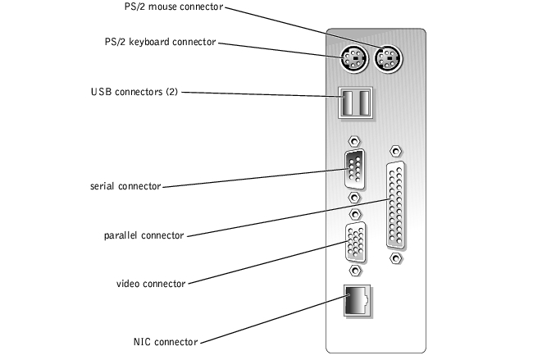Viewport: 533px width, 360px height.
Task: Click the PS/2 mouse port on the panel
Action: click(x=388, y=59)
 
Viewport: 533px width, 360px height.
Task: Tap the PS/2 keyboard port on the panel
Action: click(x=354, y=59)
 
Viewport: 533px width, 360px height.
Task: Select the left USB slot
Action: click(x=348, y=103)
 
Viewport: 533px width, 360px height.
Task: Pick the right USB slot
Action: click(x=364, y=103)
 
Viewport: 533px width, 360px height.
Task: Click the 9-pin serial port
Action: click(x=354, y=169)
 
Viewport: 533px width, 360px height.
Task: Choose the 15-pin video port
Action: click(x=356, y=242)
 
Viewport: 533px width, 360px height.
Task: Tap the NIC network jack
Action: click(x=358, y=301)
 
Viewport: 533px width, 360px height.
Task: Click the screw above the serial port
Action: click(x=354, y=141)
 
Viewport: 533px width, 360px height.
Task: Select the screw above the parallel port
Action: click(x=395, y=151)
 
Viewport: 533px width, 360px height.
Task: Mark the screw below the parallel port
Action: click(x=395, y=258)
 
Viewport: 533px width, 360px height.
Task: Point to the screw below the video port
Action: click(x=355, y=271)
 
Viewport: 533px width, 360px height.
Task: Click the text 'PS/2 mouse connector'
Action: click(x=174, y=7)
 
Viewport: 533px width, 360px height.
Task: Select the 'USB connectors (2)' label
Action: click(x=134, y=92)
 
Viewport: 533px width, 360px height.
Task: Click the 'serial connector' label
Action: click(x=125, y=186)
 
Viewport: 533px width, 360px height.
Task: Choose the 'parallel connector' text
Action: click(x=143, y=235)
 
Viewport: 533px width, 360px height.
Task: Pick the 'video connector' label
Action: click(x=151, y=284)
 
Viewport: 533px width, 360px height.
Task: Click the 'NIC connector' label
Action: click(x=166, y=342)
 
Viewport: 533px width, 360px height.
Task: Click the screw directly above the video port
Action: click(x=355, y=214)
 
